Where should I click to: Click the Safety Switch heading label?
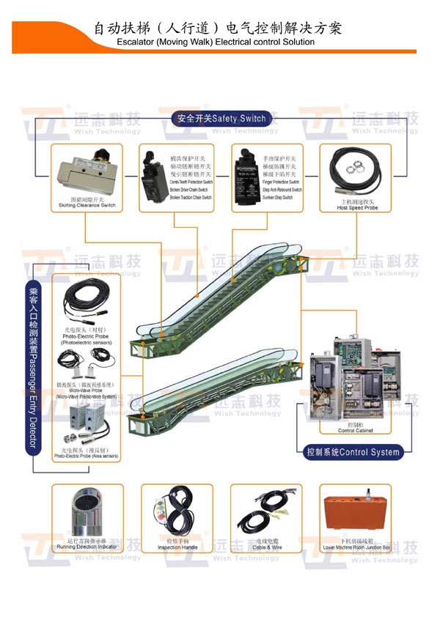[x=219, y=118]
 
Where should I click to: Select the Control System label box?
[x=352, y=452]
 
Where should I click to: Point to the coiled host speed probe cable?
[x=353, y=170]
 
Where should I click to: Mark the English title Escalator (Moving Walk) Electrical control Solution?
[x=220, y=42]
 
